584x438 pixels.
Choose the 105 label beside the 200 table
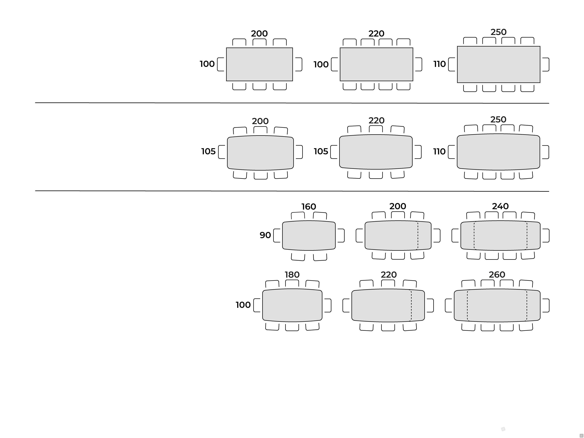[x=208, y=151]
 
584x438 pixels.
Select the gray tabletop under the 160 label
[x=309, y=235]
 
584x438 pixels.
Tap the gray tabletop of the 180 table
[x=292, y=306]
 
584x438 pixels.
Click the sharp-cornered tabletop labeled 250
[x=499, y=64]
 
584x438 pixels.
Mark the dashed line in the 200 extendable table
[x=418, y=235]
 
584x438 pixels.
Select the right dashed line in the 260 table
[x=527, y=306]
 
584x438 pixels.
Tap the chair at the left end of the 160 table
[x=277, y=235]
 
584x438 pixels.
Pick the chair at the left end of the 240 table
[x=455, y=235]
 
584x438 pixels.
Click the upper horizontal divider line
[x=292, y=103]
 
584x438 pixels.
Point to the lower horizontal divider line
[x=292, y=191]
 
